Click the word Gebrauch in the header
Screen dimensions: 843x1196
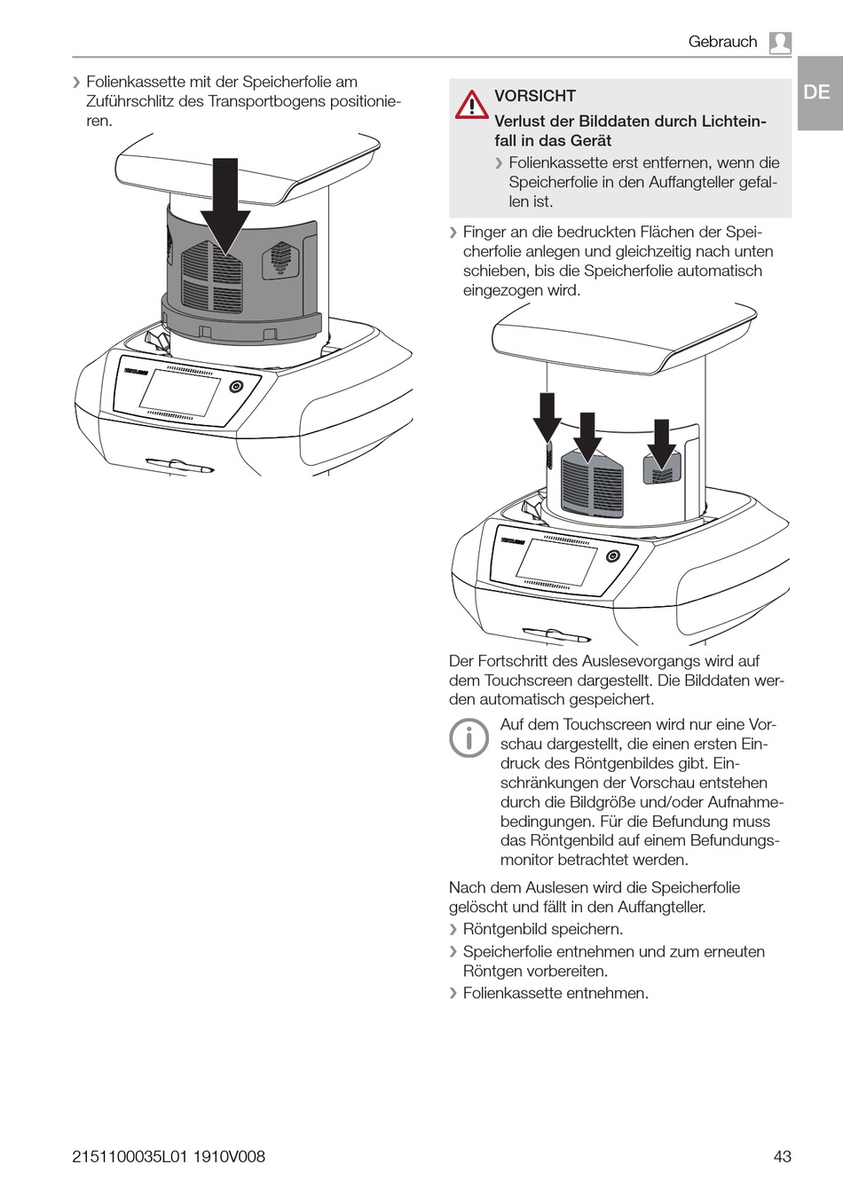[722, 42]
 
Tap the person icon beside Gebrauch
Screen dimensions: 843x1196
[780, 43]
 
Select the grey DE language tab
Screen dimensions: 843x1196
[817, 92]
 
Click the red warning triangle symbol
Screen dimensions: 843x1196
[471, 105]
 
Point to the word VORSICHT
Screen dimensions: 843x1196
[535, 96]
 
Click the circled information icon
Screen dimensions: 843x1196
[469, 737]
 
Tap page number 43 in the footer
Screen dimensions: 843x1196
[782, 1156]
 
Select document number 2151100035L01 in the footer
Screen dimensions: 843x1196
[130, 1156]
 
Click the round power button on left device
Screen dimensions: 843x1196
[236, 387]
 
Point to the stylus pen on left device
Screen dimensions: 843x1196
[180, 465]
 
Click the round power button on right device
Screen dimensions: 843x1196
[613, 556]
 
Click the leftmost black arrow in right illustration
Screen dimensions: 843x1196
[547, 417]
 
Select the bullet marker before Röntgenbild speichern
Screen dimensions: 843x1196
[453, 929]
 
